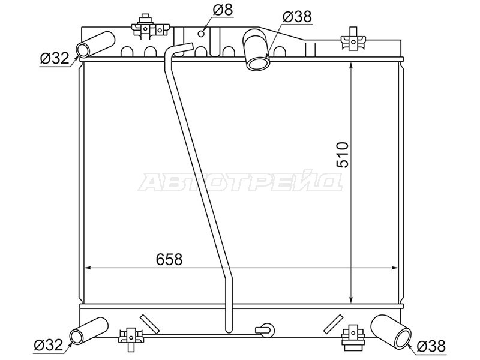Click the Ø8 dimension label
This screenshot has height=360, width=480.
click(223, 10)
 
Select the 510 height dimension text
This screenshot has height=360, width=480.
click(342, 155)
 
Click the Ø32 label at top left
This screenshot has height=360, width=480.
click(55, 58)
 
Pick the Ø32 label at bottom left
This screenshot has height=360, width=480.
click(49, 345)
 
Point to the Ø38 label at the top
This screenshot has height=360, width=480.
click(297, 17)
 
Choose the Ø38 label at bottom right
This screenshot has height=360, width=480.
click(431, 347)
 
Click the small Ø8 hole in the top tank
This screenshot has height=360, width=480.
click(201, 34)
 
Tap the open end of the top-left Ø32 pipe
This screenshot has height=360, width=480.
click(83, 50)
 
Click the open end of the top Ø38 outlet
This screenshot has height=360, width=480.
click(258, 64)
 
